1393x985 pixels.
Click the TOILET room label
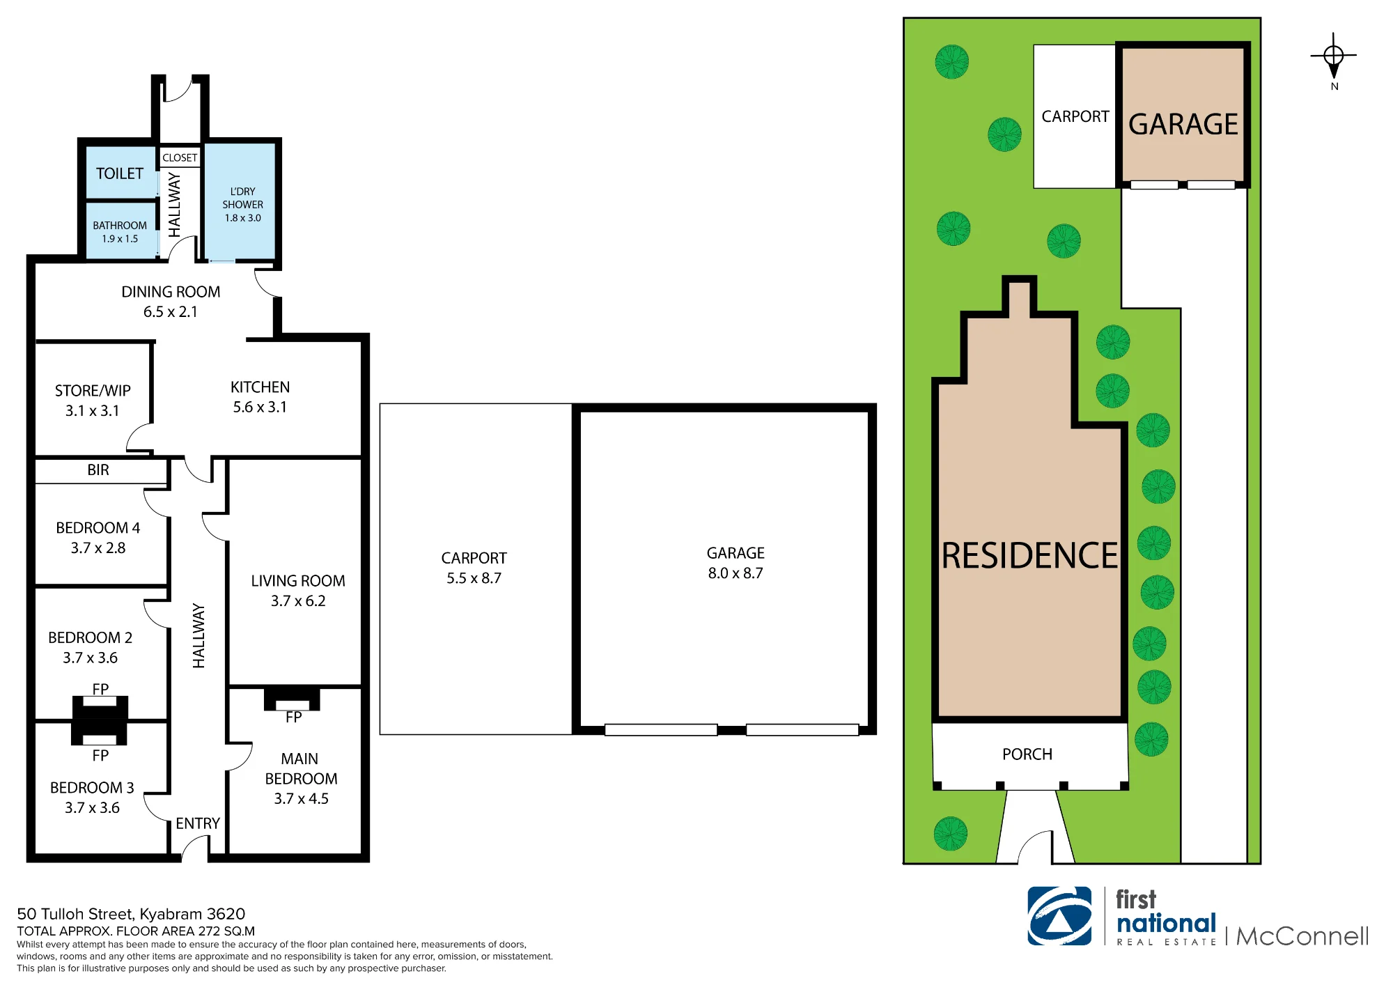120,173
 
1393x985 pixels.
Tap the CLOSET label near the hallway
180,157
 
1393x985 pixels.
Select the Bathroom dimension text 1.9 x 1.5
120,239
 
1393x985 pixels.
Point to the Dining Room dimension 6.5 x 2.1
171,312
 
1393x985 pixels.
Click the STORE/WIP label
93,391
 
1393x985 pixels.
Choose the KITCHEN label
260,387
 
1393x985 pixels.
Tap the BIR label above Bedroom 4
98,470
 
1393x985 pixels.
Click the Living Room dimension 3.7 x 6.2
298,601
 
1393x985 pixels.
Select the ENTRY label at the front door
198,823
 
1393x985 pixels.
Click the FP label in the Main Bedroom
293,718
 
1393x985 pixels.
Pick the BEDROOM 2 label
90,637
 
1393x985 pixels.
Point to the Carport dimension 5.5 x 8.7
474,578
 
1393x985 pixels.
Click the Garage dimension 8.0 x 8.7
736,573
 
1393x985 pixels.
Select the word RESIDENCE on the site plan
1029,556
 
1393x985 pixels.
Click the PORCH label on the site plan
1027,754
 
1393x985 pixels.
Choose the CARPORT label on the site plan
1075,116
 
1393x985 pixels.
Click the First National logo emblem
1059,916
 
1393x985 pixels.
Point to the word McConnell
1302,936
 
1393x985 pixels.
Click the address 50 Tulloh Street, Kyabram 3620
131,914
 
